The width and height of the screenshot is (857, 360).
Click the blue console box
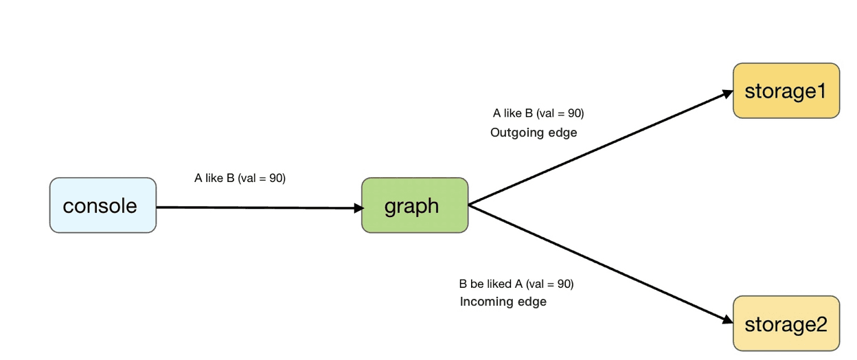point(102,205)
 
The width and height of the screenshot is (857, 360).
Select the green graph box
point(415,205)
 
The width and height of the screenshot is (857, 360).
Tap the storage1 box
point(786,91)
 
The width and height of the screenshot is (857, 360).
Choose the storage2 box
point(786,324)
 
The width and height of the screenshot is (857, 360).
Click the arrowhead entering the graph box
point(356,207)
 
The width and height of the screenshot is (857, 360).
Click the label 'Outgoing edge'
point(534,133)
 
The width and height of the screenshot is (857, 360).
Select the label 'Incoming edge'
point(503,302)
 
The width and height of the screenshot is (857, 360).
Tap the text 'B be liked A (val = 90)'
point(516,284)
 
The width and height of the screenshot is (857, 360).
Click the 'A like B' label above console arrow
point(240,178)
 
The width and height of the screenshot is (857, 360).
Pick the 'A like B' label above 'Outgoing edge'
point(538,113)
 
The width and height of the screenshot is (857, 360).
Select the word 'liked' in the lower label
point(500,284)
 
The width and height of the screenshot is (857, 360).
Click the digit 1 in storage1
point(819,91)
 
